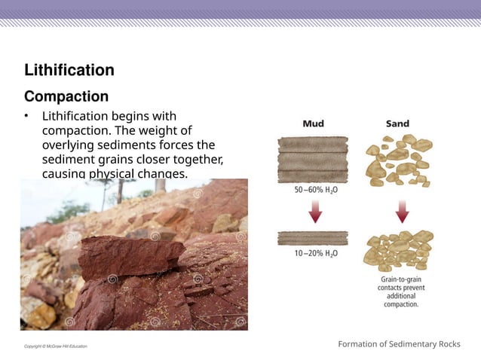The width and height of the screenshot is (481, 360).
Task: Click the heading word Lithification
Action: coord(69,70)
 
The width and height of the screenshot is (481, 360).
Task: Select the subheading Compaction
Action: coord(66,96)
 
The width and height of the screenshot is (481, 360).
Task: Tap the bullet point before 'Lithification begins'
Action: coord(26,117)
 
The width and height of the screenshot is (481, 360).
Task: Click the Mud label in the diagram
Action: coord(314,123)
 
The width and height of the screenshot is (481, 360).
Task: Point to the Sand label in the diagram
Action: coord(398,123)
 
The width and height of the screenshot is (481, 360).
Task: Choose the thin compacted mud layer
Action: coord(313,238)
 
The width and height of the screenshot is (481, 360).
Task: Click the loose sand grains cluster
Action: coord(400,160)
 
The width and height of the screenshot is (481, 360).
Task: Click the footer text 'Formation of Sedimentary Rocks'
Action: coord(399,344)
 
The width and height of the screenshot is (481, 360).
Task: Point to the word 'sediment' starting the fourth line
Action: coord(70,159)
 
